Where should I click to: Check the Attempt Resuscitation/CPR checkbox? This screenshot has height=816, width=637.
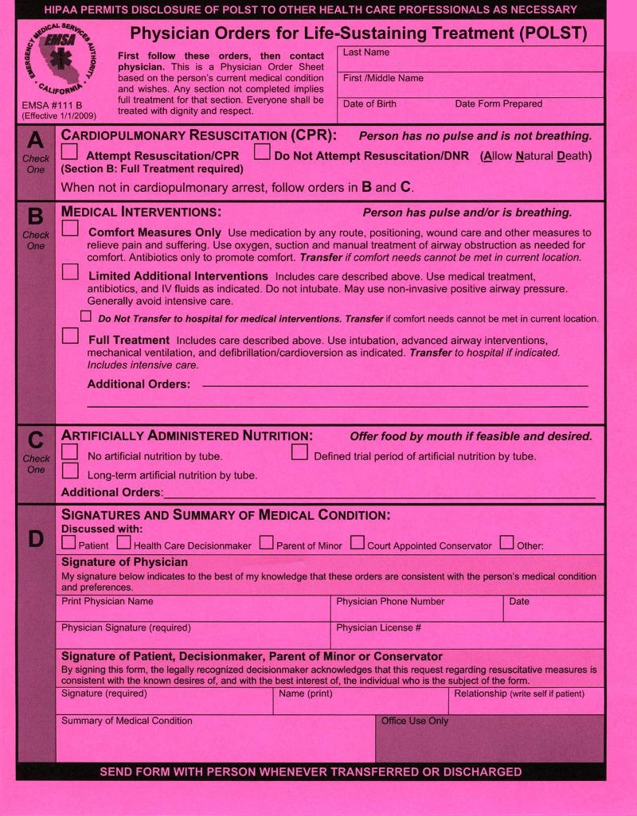(x=70, y=153)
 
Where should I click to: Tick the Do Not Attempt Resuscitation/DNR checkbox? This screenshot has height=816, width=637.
(x=262, y=153)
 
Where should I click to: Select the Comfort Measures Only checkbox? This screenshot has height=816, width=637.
(x=70, y=228)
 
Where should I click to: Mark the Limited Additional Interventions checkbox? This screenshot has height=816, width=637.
(x=70, y=272)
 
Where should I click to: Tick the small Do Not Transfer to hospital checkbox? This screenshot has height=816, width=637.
(x=86, y=317)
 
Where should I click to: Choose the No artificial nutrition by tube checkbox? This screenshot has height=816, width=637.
(x=70, y=452)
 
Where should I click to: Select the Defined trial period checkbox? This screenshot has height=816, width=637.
(x=299, y=452)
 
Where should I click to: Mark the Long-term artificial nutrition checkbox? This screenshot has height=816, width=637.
(x=70, y=471)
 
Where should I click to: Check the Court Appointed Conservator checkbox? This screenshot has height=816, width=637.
(x=357, y=544)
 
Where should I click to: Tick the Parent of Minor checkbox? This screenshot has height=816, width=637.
(x=266, y=544)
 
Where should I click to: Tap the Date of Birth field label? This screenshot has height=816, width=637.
(x=369, y=104)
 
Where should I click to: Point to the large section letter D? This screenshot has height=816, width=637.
(x=36, y=539)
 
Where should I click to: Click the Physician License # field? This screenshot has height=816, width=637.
(x=467, y=637)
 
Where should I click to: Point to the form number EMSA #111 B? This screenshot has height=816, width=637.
(x=53, y=104)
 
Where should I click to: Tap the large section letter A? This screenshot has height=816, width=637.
(x=36, y=141)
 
